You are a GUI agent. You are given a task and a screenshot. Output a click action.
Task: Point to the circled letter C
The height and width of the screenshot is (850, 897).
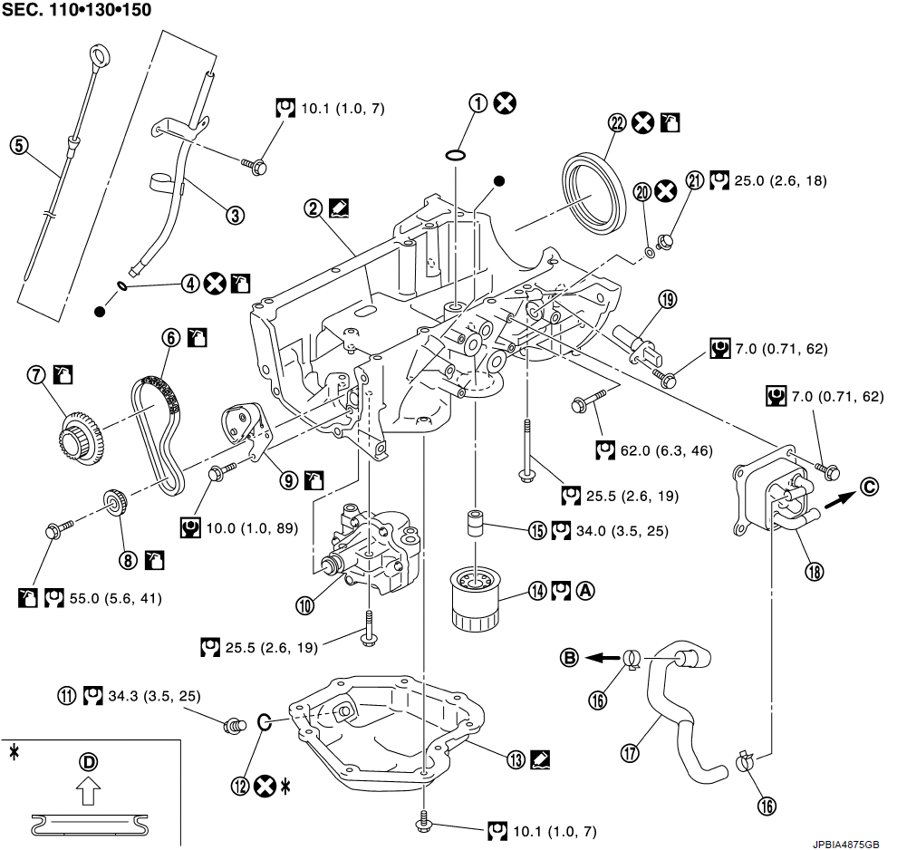coord(870,486)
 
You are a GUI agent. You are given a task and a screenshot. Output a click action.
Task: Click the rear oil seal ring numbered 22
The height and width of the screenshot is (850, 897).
coord(593,191)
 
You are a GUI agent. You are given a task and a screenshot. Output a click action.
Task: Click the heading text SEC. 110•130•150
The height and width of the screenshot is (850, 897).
coord(76,11)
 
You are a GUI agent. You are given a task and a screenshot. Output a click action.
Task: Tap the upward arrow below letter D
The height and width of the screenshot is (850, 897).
coord(88,795)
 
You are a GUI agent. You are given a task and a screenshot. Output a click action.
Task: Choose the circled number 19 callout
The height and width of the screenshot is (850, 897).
coord(669,300)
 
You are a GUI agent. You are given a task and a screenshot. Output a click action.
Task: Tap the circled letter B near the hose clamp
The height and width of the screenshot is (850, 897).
coord(569,658)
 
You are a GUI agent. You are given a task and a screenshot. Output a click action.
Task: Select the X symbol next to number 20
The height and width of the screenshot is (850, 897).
coord(666,190)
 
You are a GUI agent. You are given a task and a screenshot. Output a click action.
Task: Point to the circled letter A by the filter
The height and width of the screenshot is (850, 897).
coord(585,590)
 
